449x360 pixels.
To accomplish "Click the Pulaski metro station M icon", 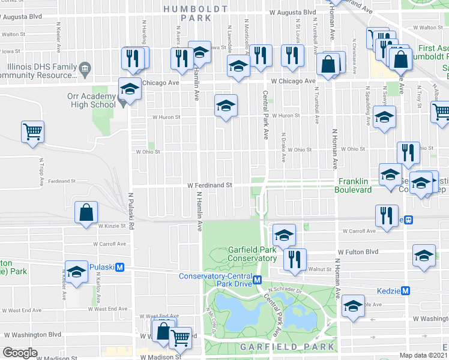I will click(x=120, y=267).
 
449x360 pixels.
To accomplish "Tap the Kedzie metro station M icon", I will click(x=406, y=290).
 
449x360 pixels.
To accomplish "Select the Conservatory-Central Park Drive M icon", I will click(x=257, y=280).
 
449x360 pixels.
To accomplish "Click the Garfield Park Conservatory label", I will click(x=253, y=254).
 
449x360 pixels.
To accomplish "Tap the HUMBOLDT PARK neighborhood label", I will click(x=196, y=13).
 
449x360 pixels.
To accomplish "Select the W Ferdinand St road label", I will click(x=209, y=186).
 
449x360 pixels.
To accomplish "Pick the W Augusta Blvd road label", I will click(x=292, y=12).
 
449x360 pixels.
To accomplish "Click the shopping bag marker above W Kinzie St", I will click(x=86, y=212).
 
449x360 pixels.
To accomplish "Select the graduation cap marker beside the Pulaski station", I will click(x=76, y=272).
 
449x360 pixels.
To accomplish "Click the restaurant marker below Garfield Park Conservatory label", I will click(x=294, y=259).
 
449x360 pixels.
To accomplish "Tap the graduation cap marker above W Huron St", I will click(x=226, y=106).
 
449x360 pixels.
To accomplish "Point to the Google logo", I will click(x=20, y=353).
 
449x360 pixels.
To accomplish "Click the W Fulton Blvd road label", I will click(x=358, y=252).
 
